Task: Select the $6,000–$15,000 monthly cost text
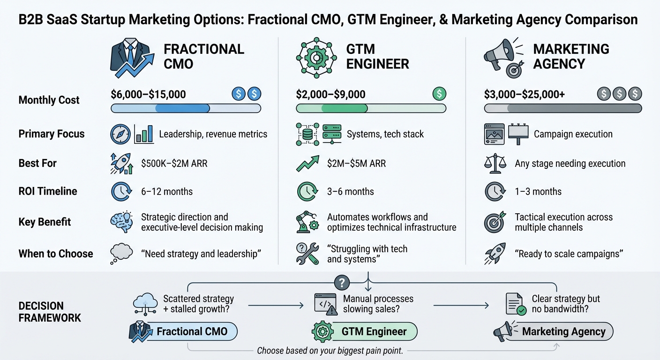148,94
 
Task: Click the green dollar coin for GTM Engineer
439,94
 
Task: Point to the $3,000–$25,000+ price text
524,94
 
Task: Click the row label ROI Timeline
48,191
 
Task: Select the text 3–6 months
350,191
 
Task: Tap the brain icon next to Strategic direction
121,223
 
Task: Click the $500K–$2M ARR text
174,163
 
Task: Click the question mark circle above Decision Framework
343,282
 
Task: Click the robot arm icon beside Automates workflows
307,223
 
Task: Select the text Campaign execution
573,134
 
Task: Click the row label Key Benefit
45,222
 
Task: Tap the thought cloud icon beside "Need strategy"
120,254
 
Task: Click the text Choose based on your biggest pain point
330,351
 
